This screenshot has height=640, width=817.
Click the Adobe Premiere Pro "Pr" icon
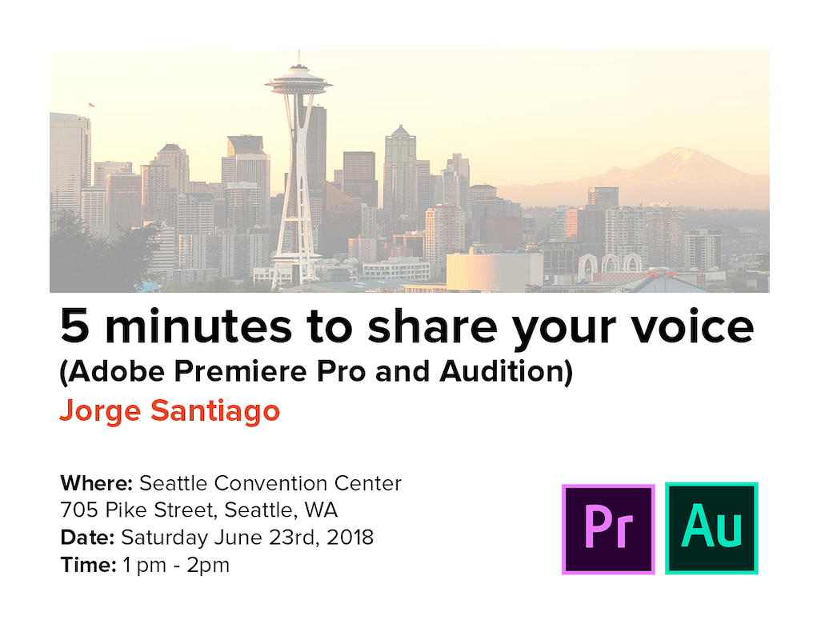[608, 529]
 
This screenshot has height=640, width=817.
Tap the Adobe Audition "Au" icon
[711, 529]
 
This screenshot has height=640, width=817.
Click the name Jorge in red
[100, 411]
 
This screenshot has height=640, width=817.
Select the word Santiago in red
[215, 411]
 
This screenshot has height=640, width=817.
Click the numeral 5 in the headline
[74, 326]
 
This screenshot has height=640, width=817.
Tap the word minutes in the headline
[198, 326]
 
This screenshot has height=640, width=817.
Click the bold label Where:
[97, 483]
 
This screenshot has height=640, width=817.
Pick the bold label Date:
[87, 538]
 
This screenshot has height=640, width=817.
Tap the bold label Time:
[89, 565]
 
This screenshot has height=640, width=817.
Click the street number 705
[79, 510]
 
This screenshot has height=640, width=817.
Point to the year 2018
[350, 538]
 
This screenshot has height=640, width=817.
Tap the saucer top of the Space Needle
[298, 82]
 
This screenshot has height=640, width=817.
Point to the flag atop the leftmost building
[91, 105]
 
